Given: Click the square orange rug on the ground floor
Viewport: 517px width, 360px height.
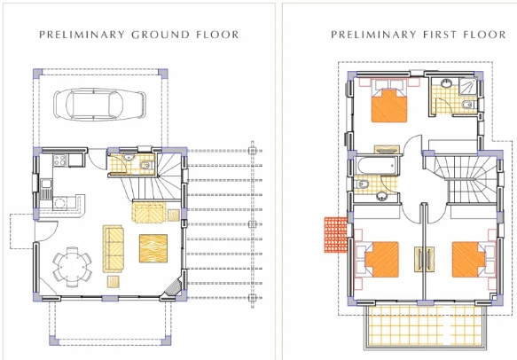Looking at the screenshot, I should click(155, 245).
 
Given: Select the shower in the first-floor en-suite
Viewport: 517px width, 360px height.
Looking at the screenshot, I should click(443, 88).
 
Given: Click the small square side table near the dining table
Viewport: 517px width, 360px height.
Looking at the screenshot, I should click(114, 282).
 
